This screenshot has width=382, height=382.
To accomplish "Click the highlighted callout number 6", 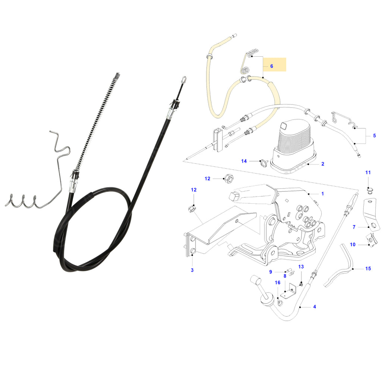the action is pyautogui.click(x=272, y=66).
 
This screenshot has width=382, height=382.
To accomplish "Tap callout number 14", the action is pyautogui.click(x=244, y=161).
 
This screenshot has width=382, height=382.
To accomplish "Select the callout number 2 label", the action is pyautogui.click(x=323, y=164).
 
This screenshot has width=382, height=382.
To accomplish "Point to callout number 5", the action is pyautogui.click(x=375, y=136).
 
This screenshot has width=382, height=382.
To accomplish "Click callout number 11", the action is pyautogui.click(x=368, y=172).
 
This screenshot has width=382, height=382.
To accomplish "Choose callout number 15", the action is pyautogui.click(x=368, y=269).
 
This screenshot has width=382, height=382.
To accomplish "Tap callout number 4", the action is pyautogui.click(x=314, y=307).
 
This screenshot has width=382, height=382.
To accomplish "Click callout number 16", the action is pyautogui.click(x=278, y=283).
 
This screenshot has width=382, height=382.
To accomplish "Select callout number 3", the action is pyautogui.click(x=192, y=270).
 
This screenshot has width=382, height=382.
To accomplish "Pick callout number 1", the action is pyautogui.click(x=323, y=194).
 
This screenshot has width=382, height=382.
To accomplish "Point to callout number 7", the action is pyautogui.click(x=354, y=227).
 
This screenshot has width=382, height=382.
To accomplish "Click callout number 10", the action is pyautogui.click(x=353, y=245).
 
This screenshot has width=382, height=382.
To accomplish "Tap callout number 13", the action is pyautogui.click(x=301, y=267).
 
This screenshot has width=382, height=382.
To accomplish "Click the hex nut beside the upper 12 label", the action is pyautogui.click(x=229, y=179).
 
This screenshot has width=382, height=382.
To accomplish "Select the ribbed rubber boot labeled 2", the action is pyautogui.click(x=292, y=146).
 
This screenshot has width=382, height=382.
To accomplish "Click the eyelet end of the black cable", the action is pyautogui.click(x=184, y=79).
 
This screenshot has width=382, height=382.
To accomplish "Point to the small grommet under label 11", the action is pyautogui.click(x=370, y=190).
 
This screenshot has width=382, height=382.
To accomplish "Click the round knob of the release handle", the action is pyautogui.click(x=256, y=280).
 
